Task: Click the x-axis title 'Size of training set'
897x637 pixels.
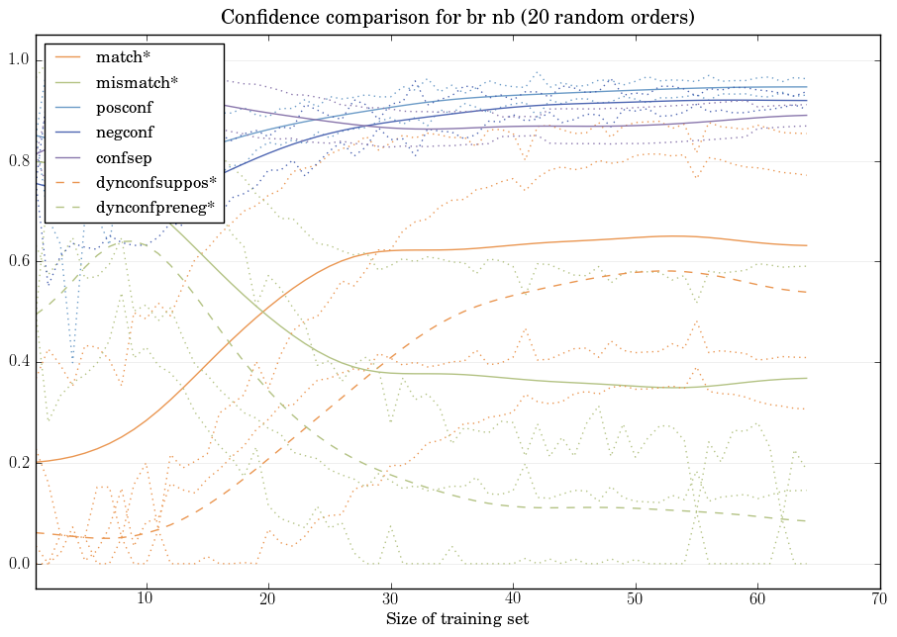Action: (x=456, y=619)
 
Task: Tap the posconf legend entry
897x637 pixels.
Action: (x=124, y=107)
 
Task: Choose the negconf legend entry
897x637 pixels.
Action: (x=124, y=132)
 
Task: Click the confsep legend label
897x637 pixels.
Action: (x=123, y=157)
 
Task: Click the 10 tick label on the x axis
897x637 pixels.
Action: (x=146, y=598)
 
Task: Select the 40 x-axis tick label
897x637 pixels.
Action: (x=513, y=598)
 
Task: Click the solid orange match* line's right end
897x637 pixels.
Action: (x=807, y=245)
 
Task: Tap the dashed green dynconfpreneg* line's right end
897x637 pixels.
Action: (x=807, y=521)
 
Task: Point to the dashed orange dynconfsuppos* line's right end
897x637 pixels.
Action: (x=807, y=292)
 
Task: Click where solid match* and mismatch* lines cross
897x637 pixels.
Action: (x=265, y=311)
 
